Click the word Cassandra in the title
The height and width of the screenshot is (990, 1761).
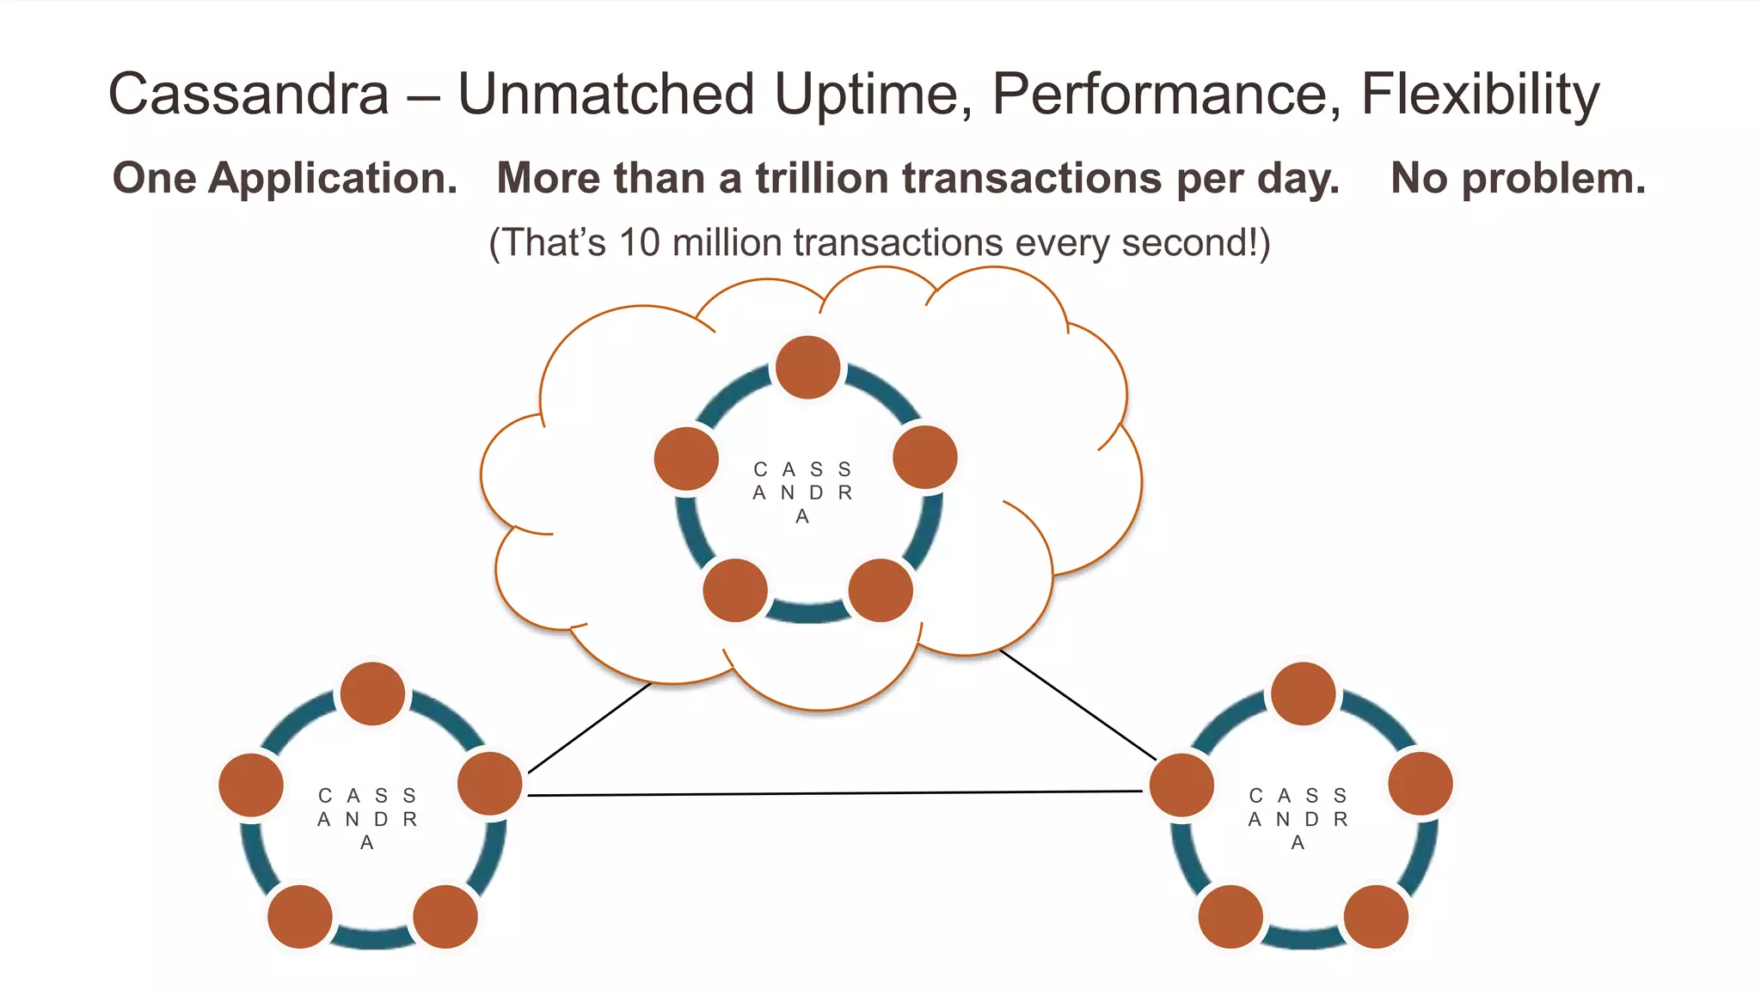[x=249, y=94]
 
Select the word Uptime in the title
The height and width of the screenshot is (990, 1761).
[x=873, y=94]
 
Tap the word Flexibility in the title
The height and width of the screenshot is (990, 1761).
[x=1480, y=94]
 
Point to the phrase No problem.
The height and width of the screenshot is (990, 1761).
[x=1518, y=178]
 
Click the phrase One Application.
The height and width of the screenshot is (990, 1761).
[x=285, y=178]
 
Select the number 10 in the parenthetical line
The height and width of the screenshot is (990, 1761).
[x=639, y=242]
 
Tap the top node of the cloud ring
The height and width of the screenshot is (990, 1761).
[x=807, y=367]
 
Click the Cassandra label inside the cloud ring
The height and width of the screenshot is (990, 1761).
[x=802, y=492]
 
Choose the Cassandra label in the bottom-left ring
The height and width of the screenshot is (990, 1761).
[x=367, y=819]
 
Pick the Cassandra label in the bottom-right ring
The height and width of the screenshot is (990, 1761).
[x=1298, y=819]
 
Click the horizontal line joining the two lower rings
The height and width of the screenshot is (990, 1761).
[x=834, y=793]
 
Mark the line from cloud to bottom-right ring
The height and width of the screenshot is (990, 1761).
[x=1078, y=705]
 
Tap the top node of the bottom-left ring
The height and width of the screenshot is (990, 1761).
[x=372, y=694]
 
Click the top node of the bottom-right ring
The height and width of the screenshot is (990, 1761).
[x=1304, y=694]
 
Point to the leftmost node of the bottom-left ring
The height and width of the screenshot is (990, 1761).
[x=251, y=785]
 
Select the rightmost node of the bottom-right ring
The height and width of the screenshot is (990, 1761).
[x=1420, y=784]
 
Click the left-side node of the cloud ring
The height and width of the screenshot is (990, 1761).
[x=686, y=458]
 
